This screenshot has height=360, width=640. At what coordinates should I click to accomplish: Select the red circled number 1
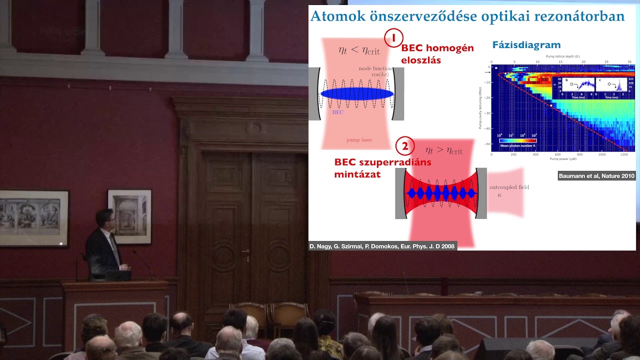393,38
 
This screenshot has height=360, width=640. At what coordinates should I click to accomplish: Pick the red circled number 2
404,146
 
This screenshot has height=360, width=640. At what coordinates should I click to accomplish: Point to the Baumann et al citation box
596,176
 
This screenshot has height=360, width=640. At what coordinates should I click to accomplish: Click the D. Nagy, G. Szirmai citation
382,246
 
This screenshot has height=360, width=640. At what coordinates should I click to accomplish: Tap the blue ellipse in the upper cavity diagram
356,93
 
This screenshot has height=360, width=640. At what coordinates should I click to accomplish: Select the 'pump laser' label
359,140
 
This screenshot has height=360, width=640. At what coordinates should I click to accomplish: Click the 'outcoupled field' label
509,187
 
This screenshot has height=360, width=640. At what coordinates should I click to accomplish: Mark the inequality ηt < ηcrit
358,50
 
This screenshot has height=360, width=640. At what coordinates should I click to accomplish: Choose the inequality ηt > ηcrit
443,150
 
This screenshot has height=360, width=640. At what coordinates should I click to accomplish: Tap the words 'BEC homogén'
437,48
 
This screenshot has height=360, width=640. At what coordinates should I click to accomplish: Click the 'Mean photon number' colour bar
517,140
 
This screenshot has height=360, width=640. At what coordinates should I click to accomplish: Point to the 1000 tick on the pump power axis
601,154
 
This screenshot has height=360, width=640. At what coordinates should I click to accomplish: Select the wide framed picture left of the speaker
34,218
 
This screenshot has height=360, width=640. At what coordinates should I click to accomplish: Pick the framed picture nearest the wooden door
129,216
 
